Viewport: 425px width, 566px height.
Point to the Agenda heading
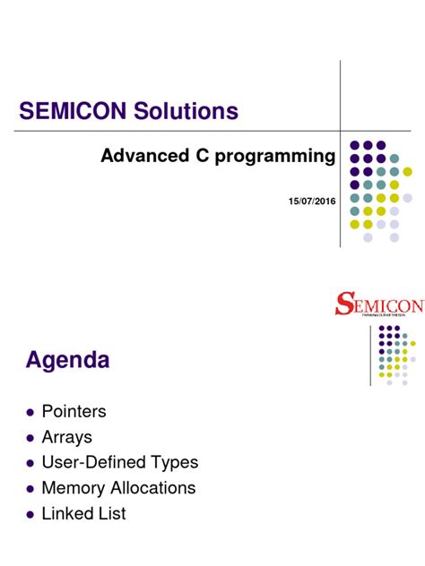67,360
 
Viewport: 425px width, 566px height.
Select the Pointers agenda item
74,412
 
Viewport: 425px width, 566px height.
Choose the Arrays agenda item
66,438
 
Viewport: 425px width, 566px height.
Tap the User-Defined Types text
119,463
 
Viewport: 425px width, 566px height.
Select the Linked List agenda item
83,514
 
